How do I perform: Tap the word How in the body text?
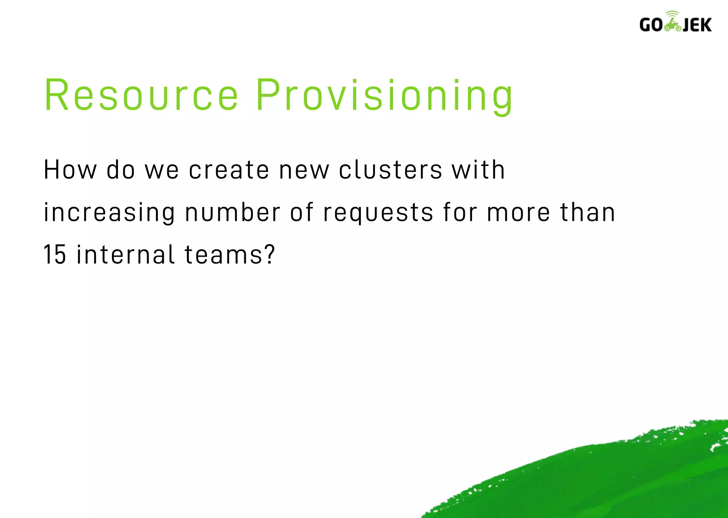coord(70,170)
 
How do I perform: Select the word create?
coord(229,170)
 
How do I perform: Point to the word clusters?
coord(390,170)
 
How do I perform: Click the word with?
coord(478,170)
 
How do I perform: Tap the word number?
coord(233,213)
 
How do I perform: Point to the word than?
coord(588,212)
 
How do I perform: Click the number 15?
coord(55,255)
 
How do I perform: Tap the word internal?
coord(125,255)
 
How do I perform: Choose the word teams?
coord(224,255)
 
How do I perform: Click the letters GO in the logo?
coord(651,25)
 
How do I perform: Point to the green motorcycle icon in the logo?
coord(673,23)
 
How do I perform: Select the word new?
coord(304,170)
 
